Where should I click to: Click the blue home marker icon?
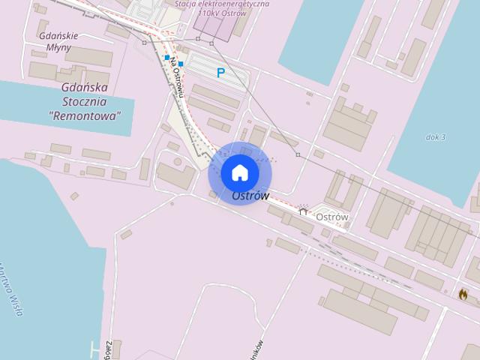point(239,173)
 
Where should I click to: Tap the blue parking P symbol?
point(220,73)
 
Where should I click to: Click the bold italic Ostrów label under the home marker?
point(250,196)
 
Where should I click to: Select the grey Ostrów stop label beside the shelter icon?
point(332,217)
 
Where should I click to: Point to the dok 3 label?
point(436,137)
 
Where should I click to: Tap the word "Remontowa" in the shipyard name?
point(85,116)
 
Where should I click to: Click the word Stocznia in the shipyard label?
point(85,102)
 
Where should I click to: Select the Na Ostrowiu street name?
point(178,77)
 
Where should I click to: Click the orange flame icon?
point(463,294)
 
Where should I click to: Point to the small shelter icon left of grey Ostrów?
point(304,212)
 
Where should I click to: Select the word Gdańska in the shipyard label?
point(85,87)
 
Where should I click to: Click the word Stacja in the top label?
point(187,3)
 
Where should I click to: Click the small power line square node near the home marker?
point(298,154)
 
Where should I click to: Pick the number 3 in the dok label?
point(443,137)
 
